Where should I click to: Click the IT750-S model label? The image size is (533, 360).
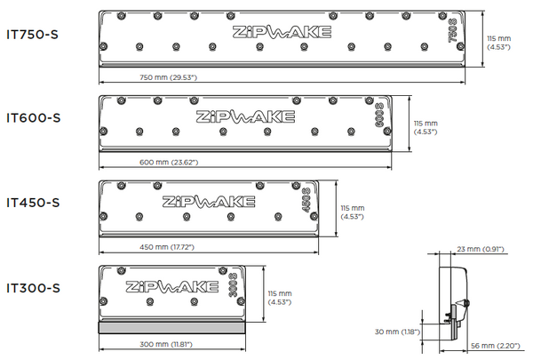(x=35, y=33)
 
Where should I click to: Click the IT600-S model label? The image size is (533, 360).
(x=35, y=117)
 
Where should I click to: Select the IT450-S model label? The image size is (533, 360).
(x=35, y=202)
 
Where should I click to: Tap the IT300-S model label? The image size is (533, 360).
(x=35, y=286)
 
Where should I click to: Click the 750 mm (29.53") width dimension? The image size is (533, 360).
(x=168, y=78)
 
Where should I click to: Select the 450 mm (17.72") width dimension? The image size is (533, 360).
(x=168, y=247)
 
